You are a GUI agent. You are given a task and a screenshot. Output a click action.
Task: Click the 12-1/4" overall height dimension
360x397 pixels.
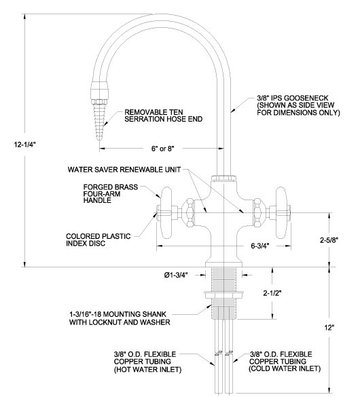(24, 145)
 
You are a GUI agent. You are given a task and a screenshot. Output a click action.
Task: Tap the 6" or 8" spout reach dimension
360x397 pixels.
(163, 149)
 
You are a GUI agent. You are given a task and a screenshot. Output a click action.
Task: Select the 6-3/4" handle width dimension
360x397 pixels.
(260, 246)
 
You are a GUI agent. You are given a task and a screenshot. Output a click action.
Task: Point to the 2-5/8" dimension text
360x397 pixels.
(329, 240)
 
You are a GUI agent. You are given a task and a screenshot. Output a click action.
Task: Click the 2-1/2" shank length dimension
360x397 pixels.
(272, 293)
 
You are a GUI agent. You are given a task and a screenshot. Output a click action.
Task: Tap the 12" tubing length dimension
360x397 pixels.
(329, 328)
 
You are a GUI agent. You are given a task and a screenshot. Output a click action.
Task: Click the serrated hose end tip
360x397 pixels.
(99, 140)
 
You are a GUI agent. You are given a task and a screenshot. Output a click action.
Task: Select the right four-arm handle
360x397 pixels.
(281, 212)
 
